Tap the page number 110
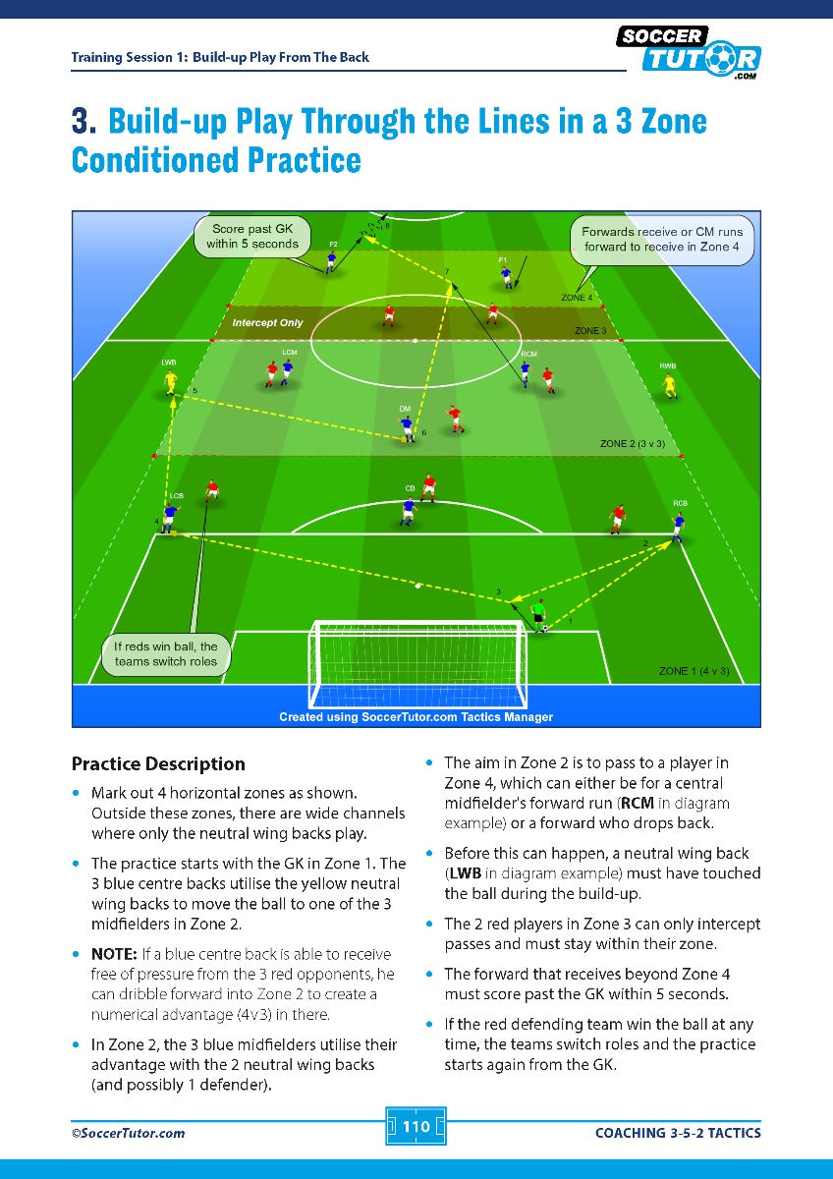416,1126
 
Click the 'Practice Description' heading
158,763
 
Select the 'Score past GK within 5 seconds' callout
252,237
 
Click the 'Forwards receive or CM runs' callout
662,240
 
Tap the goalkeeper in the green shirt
538,615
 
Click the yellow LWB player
171,381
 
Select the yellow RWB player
670,384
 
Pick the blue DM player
407,426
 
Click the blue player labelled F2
332,259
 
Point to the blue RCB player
678,526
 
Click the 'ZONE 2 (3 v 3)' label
632,444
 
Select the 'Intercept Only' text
267,322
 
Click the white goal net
416,662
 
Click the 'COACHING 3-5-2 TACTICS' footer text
678,1133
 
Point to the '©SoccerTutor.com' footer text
128,1133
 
